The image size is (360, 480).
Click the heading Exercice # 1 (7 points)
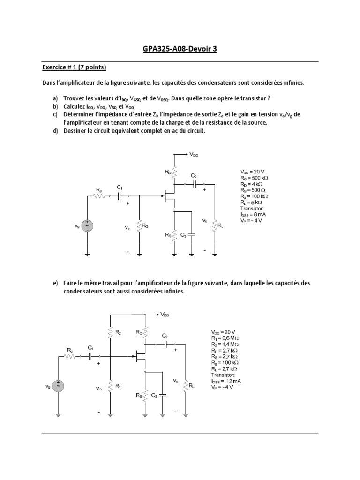point(75,67)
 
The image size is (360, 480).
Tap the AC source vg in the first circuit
point(87,225)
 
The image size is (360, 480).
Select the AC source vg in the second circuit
point(58,386)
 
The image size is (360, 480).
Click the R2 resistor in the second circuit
point(110,333)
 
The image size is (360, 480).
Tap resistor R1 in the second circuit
point(110,387)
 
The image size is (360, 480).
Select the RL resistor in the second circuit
point(186,386)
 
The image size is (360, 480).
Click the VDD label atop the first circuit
point(194,154)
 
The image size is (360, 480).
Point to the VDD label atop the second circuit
point(165,315)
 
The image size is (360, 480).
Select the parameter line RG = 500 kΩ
point(254,178)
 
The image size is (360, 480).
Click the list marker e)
point(55,284)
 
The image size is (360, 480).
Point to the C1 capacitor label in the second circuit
point(90,348)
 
